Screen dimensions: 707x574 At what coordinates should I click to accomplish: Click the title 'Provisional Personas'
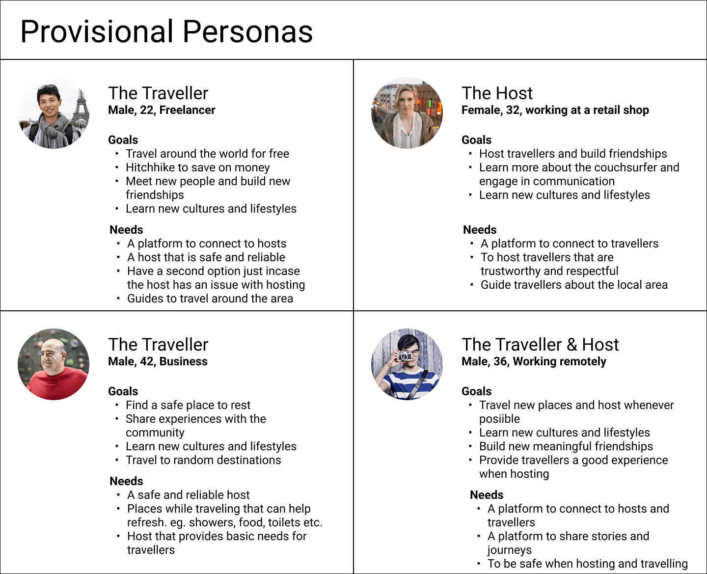pos(166,32)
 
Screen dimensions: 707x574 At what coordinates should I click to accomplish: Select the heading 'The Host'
pos(497,93)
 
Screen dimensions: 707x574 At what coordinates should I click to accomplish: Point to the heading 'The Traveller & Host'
pos(540,344)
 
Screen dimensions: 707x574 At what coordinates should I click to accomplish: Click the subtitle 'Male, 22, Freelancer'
pos(162,110)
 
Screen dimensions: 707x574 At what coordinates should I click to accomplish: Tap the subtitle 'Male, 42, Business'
pos(158,361)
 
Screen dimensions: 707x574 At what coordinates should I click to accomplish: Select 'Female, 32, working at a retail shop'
pos(555,110)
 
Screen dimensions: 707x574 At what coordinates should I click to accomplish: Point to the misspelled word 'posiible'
pos(499,419)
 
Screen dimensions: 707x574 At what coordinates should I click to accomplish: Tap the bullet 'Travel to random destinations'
pos(203,460)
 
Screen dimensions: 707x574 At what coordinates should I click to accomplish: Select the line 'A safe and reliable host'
pos(188,494)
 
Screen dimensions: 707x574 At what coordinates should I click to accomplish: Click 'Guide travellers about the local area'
pos(574,285)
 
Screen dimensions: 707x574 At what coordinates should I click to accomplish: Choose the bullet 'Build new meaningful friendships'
pos(566,446)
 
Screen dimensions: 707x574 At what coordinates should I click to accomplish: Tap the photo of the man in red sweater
pos(54,364)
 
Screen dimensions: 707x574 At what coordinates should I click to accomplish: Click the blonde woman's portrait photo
pos(407,113)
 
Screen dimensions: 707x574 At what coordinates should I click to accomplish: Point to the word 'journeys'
pos(509,550)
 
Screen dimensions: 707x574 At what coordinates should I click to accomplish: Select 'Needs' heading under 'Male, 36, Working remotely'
pos(487,495)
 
